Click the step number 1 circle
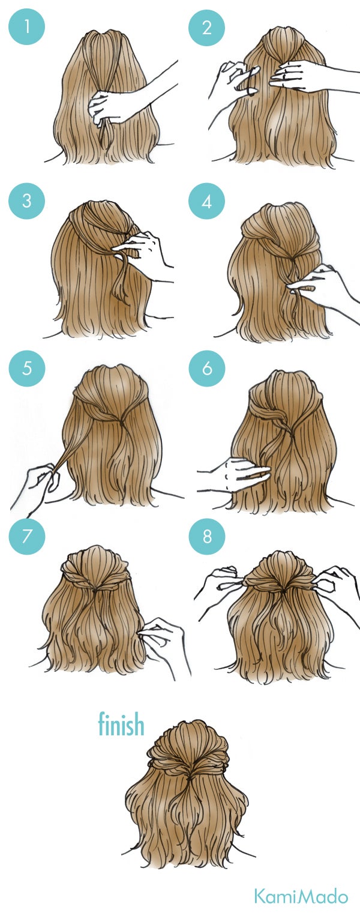pyautogui.click(x=26, y=27)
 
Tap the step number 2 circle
pyautogui.click(x=207, y=27)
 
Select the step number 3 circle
pyautogui.click(x=26, y=200)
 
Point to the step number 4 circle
pyautogui.click(x=207, y=200)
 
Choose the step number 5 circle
pyautogui.click(x=26, y=367)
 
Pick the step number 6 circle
pyautogui.click(x=207, y=367)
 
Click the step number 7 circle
pyautogui.click(x=26, y=535)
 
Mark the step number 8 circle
pyautogui.click(x=207, y=535)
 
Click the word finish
pyautogui.click(x=121, y=725)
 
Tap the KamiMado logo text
pyautogui.click(x=301, y=897)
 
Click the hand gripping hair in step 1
pyautogui.click(x=108, y=107)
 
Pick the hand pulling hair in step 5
pyautogui.click(x=42, y=480)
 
